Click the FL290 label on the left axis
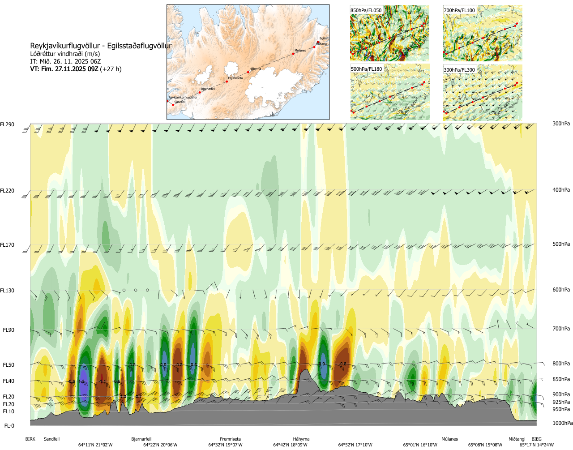pos(7,124)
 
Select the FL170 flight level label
pos(7,245)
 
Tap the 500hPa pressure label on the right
pos(561,244)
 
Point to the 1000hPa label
pos(562,423)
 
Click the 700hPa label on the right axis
pos(561,329)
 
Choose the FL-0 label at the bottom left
pos(9,426)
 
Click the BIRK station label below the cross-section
pos(30,439)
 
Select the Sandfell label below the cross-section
pos(51,439)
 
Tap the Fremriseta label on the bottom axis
pos(230,439)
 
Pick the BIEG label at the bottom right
pos(536,439)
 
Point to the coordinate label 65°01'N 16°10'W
pos(420,445)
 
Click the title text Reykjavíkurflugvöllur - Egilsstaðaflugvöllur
pos(101,46)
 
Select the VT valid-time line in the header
pos(76,69)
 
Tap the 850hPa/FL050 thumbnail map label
pos(366,10)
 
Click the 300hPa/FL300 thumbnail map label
pos(459,70)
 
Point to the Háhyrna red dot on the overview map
pos(248,72)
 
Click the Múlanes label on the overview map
pos(300,51)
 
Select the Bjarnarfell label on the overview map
pos(208,89)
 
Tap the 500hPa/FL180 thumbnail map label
pos(367,69)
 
